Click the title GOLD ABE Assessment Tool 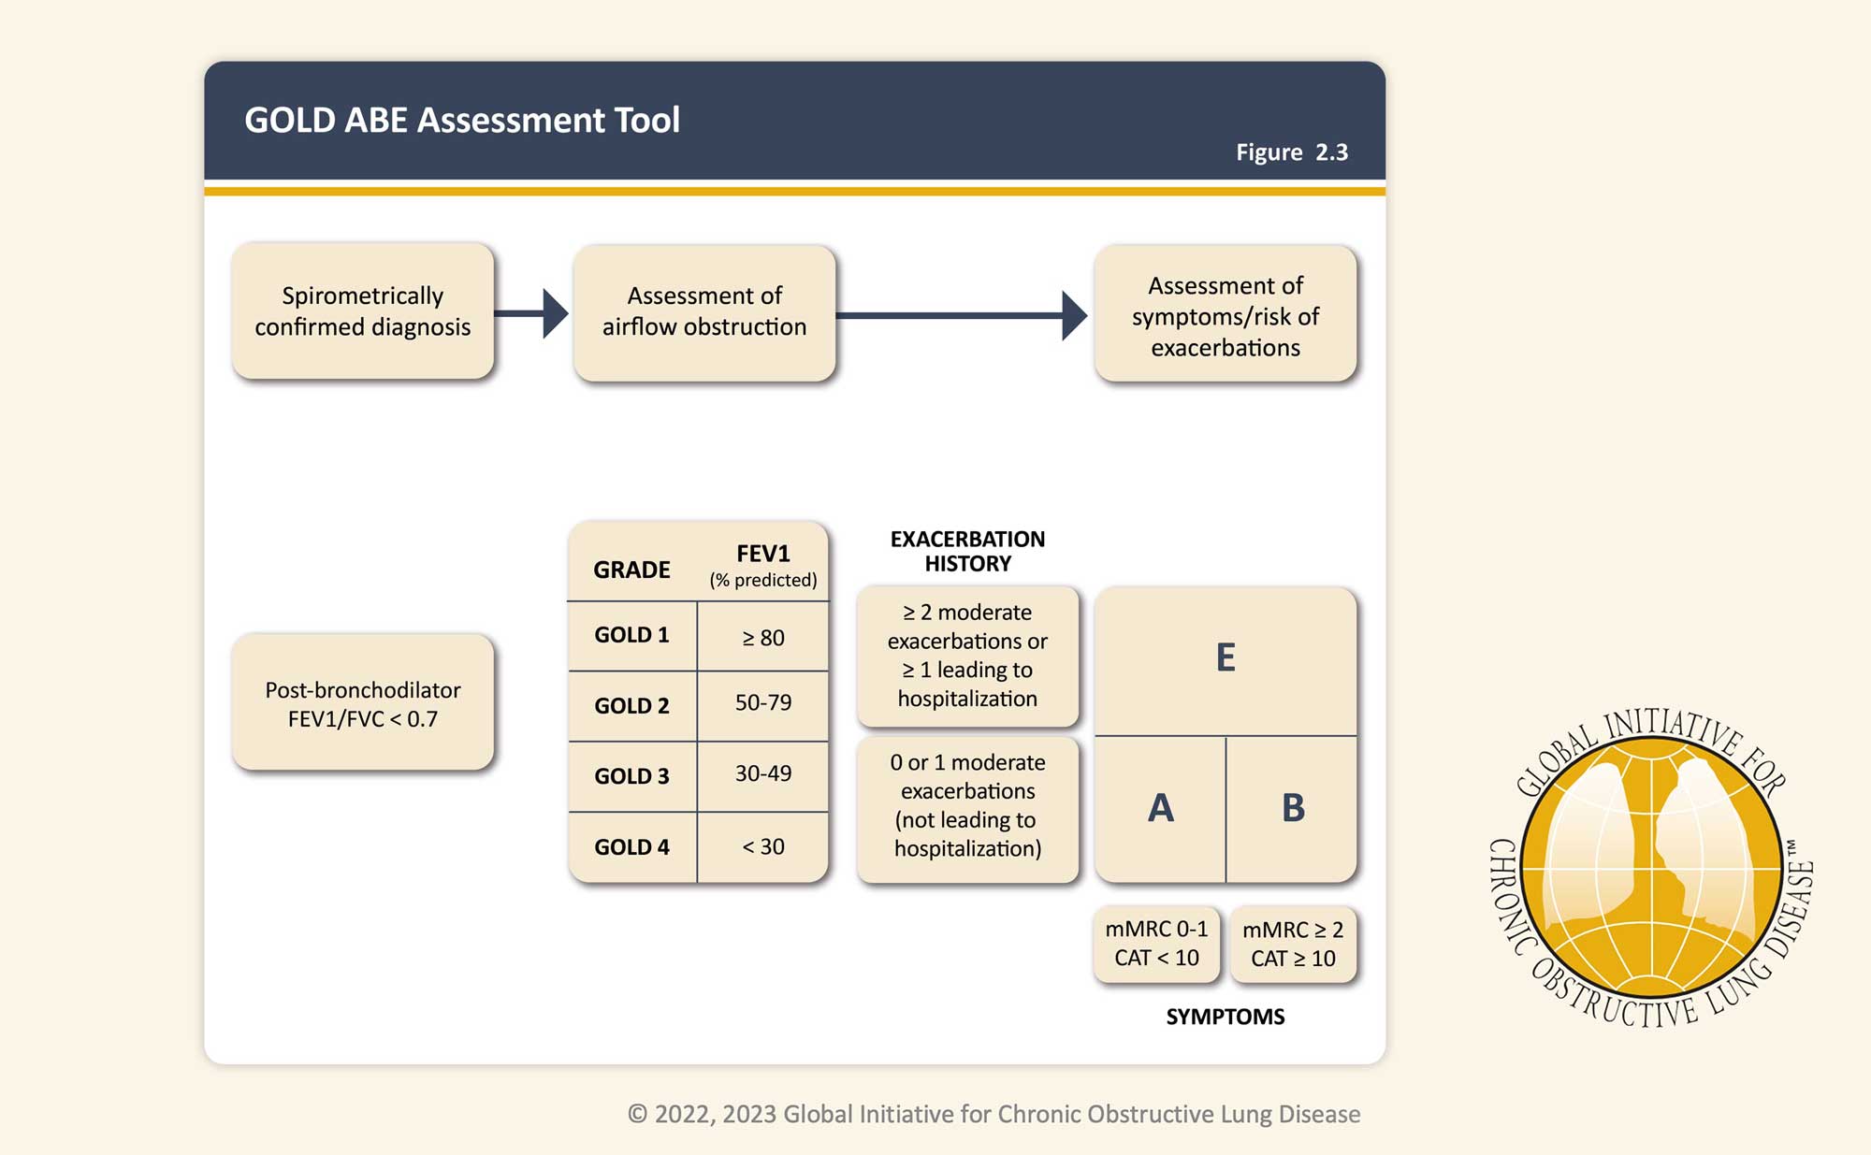(462, 121)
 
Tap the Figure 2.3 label (1291, 152)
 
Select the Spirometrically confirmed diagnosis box (363, 311)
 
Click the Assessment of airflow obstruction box (704, 312)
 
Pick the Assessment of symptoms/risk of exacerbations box (1226, 316)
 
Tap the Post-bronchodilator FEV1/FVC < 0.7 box (363, 703)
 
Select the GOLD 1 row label (631, 635)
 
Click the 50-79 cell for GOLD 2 (762, 702)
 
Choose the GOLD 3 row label (631, 776)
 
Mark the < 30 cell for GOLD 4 (762, 846)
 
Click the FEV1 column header (762, 564)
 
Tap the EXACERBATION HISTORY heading (967, 551)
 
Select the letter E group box (1226, 657)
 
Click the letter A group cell (1160, 808)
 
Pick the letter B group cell (1293, 808)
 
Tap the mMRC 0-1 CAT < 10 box (1156, 944)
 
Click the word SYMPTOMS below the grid (1225, 1017)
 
